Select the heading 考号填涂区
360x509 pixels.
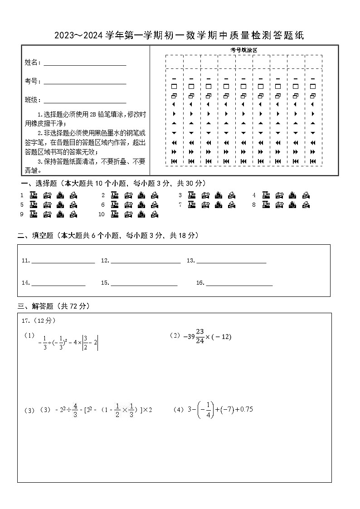243,50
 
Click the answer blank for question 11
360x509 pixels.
63,262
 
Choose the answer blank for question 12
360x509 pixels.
145,262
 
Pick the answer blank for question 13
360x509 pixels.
231,262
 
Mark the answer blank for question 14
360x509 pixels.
58,284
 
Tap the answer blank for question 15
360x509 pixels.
144,284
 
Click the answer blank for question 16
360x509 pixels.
239,284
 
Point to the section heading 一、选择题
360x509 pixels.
38,183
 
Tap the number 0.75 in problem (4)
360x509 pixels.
246,409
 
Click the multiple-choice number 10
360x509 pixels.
102,214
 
